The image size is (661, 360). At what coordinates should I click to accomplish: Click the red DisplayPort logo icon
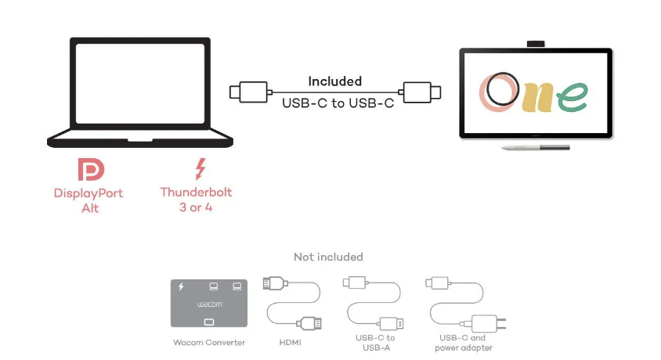(90, 170)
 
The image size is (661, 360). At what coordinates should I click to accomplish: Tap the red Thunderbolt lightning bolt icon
(200, 169)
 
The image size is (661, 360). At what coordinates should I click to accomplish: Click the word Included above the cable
(334, 81)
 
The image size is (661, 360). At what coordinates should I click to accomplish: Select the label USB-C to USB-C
(338, 103)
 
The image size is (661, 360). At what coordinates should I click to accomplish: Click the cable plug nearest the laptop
(246, 92)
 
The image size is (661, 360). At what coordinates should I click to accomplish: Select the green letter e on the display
(573, 98)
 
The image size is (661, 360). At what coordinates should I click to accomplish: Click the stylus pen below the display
(534, 147)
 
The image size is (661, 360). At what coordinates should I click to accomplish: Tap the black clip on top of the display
(536, 43)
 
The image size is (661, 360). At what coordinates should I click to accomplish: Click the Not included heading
(328, 257)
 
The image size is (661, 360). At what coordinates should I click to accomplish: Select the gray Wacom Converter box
(208, 303)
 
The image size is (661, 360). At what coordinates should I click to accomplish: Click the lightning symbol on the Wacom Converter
(181, 286)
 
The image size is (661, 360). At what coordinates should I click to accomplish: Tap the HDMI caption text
(291, 342)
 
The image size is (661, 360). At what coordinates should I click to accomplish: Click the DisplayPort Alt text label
(88, 200)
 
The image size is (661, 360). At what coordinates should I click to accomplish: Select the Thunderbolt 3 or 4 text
(196, 200)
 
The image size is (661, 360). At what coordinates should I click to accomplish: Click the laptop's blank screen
(140, 85)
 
